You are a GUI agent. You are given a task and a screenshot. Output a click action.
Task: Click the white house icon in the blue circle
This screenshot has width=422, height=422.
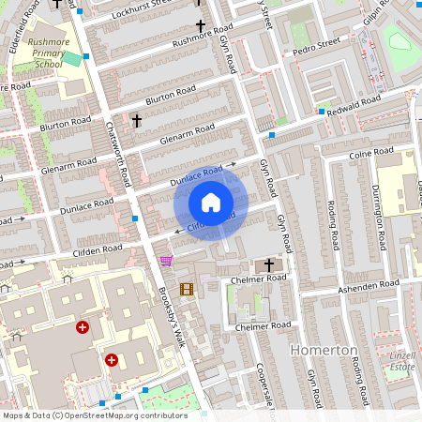[x=211, y=203]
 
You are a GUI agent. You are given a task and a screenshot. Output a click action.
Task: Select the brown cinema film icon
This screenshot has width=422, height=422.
[x=186, y=289]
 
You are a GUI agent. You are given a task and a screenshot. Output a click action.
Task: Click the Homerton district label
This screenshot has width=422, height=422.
[x=325, y=349]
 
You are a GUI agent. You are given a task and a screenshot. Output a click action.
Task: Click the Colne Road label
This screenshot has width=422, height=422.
[x=370, y=152]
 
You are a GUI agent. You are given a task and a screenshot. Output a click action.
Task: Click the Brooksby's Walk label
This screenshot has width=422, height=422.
[x=173, y=320]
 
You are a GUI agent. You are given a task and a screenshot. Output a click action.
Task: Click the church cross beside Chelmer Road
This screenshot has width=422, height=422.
[x=269, y=265]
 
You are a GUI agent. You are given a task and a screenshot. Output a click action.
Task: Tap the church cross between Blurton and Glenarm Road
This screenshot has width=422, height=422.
[x=136, y=121]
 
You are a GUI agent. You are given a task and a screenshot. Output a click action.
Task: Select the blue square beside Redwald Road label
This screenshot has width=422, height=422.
[x=322, y=112]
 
